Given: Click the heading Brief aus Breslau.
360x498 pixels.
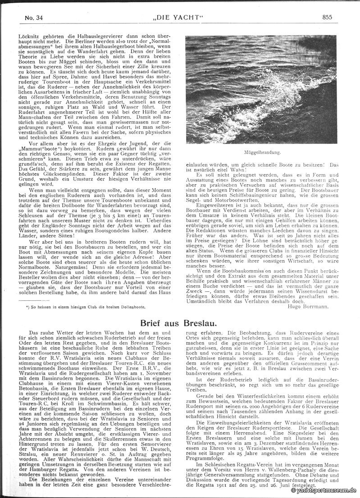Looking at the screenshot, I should coord(180,324).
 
